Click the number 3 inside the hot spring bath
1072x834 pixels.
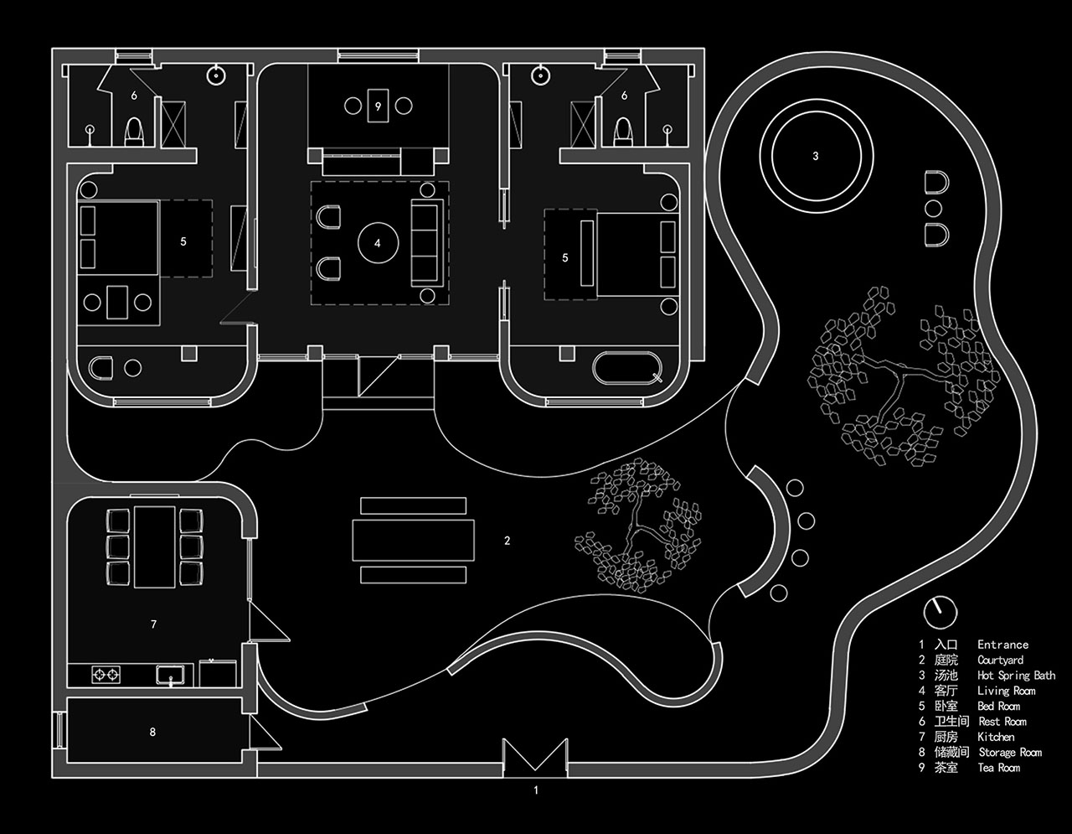816,157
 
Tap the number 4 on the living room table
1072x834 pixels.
378,243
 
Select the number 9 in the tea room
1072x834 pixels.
378,106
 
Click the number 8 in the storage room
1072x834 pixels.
152,732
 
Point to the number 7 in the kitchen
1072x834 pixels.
153,624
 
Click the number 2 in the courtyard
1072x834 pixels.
508,541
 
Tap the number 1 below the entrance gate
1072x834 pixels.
536,790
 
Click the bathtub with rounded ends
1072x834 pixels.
627,368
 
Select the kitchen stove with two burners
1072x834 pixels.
106,674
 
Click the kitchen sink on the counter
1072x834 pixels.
171,675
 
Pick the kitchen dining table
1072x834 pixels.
155,547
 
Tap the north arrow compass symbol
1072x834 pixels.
940,613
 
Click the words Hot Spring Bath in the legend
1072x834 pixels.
1016,675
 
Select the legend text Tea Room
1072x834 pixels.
998,768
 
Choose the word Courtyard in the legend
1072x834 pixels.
1001,660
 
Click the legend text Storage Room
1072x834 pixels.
1010,752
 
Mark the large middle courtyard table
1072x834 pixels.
414,541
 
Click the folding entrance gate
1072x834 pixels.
535,755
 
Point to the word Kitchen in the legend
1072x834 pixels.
996,737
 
